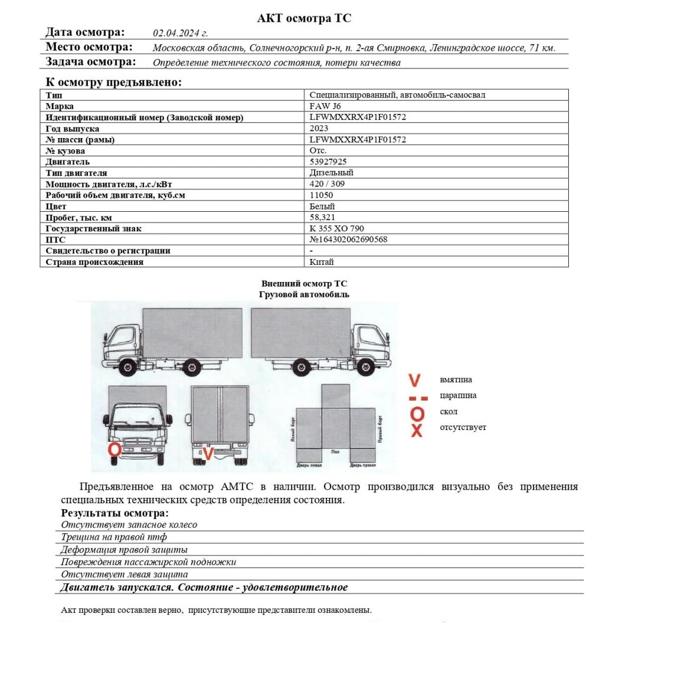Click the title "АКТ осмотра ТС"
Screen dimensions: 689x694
(304, 18)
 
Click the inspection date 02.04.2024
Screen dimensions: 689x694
(180, 33)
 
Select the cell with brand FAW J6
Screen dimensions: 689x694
(325, 106)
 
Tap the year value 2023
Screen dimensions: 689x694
(319, 128)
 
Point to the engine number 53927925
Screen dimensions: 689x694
(328, 162)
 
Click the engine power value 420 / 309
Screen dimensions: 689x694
(327, 183)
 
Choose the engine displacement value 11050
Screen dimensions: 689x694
(321, 195)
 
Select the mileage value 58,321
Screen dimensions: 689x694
(322, 217)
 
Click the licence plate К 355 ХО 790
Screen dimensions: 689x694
(336, 228)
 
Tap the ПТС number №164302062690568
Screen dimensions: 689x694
(348, 239)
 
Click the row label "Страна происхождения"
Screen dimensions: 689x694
(94, 262)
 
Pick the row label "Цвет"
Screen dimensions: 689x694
(56, 206)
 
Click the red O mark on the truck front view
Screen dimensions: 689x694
(114, 450)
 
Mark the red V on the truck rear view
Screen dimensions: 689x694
(207, 454)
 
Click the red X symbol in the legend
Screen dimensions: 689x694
(417, 430)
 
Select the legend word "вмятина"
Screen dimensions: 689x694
(456, 380)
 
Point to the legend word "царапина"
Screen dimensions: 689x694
(458, 395)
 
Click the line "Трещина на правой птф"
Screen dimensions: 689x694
(114, 537)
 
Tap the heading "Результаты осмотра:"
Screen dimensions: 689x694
(114, 513)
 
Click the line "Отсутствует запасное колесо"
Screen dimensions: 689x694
(129, 524)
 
